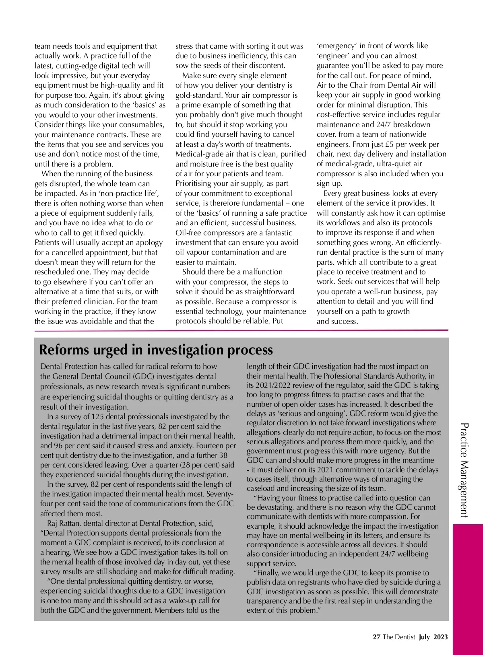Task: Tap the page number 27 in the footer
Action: coord(376,637)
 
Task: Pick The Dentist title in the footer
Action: coord(399,637)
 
